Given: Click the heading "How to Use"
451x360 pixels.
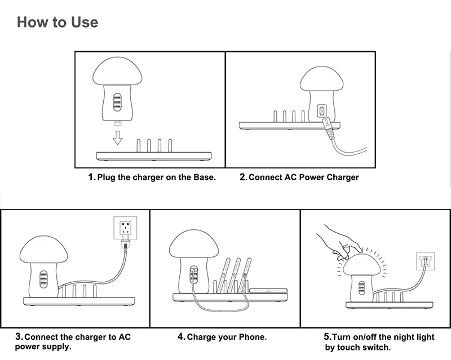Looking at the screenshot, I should coord(57,22).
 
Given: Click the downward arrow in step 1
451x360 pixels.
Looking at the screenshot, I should coord(117,137).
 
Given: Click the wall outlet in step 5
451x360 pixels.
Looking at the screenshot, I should coord(426,261).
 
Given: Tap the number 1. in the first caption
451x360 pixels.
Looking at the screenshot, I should coord(92,177).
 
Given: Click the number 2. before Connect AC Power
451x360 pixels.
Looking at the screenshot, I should coord(243,177).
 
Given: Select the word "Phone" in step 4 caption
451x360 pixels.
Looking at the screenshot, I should coord(251,337).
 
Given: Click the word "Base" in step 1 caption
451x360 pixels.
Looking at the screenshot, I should coord(204,177).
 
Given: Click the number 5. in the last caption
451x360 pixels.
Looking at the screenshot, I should coord(327,337).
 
